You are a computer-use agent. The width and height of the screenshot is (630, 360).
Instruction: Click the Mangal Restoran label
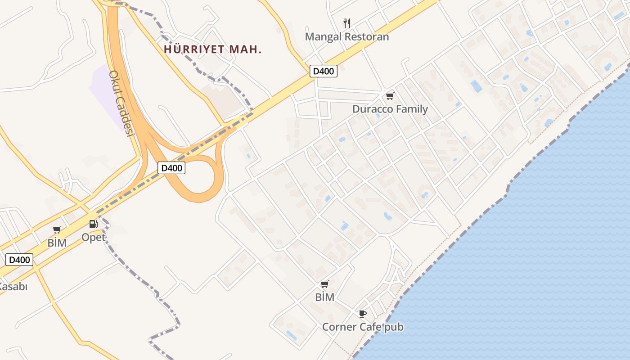pyautogui.click(x=346, y=36)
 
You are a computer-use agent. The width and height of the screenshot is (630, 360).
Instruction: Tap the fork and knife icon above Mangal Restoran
pyautogui.click(x=346, y=23)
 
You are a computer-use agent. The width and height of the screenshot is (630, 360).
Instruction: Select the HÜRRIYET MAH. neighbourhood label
pyautogui.click(x=212, y=49)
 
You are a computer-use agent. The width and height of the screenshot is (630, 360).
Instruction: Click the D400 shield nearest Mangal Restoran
pyautogui.click(x=324, y=71)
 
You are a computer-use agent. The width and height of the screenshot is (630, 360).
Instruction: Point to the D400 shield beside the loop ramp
pyautogui.click(x=172, y=168)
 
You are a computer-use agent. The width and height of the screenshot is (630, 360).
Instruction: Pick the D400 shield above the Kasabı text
pyautogui.click(x=19, y=260)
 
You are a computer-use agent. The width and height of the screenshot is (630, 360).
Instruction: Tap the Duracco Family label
pyautogui.click(x=390, y=109)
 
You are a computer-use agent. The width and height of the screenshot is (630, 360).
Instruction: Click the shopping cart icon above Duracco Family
pyautogui.click(x=390, y=96)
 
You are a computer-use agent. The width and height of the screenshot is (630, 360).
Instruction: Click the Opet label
pyautogui.click(x=94, y=237)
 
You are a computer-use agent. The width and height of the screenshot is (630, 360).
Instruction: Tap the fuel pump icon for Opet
pyautogui.click(x=93, y=224)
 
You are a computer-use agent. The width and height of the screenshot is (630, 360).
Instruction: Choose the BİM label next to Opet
pyautogui.click(x=57, y=243)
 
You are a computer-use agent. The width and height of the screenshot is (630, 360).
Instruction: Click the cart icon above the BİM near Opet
pyautogui.click(x=57, y=230)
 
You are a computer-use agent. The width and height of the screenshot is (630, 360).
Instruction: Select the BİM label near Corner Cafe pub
pyautogui.click(x=324, y=297)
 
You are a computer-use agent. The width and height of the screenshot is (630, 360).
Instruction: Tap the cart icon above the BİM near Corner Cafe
pyautogui.click(x=324, y=284)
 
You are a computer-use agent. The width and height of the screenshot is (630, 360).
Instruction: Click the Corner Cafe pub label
pyautogui.click(x=362, y=327)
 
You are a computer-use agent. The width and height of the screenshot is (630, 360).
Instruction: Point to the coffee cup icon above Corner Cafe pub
pyautogui.click(x=362, y=314)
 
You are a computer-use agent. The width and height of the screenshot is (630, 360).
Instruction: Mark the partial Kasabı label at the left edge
pyautogui.click(x=13, y=286)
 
